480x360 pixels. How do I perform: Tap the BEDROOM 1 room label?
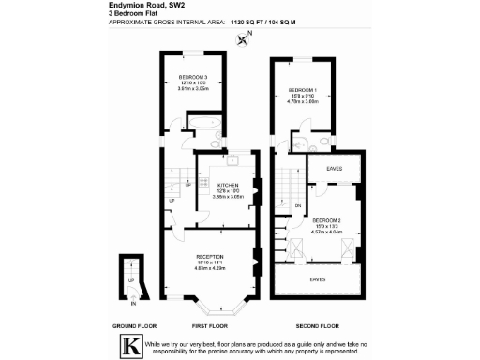[x=303, y=90]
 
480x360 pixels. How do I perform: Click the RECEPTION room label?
[x=208, y=255]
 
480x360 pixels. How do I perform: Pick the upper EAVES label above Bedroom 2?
[x=334, y=168]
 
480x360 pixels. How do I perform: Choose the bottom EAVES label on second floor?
[x=320, y=279]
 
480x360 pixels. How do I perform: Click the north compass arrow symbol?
[x=246, y=38]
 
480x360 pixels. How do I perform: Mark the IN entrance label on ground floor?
[x=133, y=303]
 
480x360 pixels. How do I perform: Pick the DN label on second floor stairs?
[x=297, y=205]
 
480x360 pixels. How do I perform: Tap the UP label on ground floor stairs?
[x=130, y=279]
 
